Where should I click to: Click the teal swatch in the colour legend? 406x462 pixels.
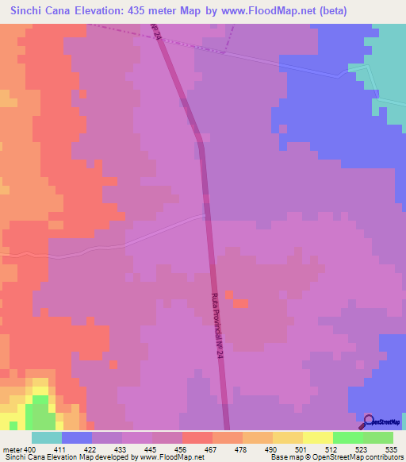pyautogui.click(x=46, y=437)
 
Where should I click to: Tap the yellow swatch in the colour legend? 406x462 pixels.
pyautogui.click(x=317, y=437)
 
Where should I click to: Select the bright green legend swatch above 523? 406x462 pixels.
pyautogui.click(x=347, y=437)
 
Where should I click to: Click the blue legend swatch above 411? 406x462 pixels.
pyautogui.click(x=76, y=437)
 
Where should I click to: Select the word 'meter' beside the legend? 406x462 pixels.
pyautogui.click(x=13, y=450)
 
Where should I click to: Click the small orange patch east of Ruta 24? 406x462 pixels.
pyautogui.click(x=240, y=302)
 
